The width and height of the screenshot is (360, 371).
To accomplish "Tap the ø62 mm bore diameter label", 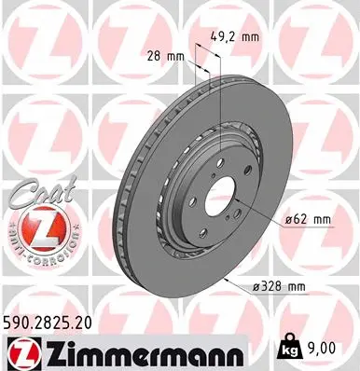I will pos(308,220).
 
